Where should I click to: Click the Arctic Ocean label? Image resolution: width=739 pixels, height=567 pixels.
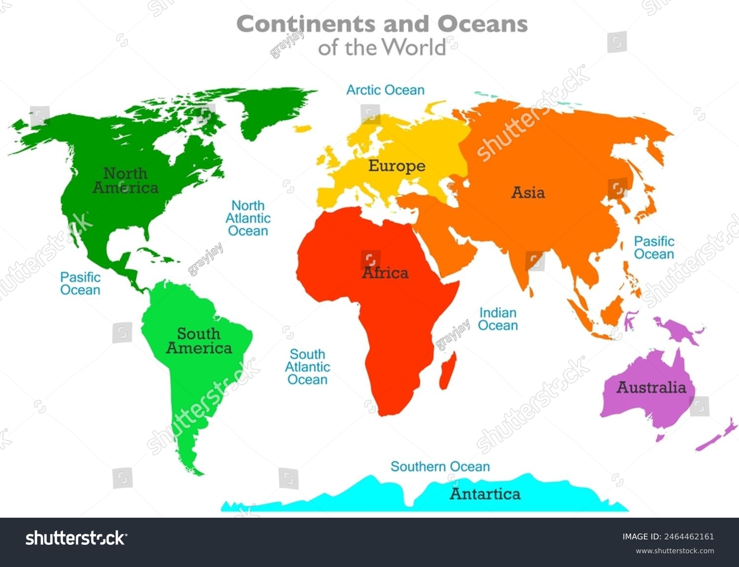tap(385, 90)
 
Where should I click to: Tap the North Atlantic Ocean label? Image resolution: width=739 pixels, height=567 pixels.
tap(248, 218)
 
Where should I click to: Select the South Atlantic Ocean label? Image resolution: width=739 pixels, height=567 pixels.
tap(307, 367)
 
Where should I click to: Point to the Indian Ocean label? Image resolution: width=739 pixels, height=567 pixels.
tap(498, 319)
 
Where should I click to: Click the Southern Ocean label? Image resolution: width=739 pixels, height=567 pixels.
tap(440, 466)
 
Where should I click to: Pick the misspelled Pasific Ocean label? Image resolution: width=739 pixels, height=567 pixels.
tap(80, 283)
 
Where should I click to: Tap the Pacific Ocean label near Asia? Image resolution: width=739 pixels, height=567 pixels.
tap(654, 248)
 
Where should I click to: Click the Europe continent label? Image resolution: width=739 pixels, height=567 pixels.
tap(397, 166)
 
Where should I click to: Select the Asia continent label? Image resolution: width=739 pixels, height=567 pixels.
tap(528, 192)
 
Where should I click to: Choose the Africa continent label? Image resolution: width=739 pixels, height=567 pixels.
tap(385, 273)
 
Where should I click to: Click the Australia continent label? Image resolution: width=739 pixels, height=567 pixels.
tap(651, 388)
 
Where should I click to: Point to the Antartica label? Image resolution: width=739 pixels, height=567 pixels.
tap(485, 494)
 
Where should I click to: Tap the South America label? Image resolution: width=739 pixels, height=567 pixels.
tap(199, 341)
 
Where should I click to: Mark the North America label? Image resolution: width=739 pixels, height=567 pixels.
tap(126, 180)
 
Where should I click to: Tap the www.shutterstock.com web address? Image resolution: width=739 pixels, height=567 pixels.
tap(674, 551)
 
